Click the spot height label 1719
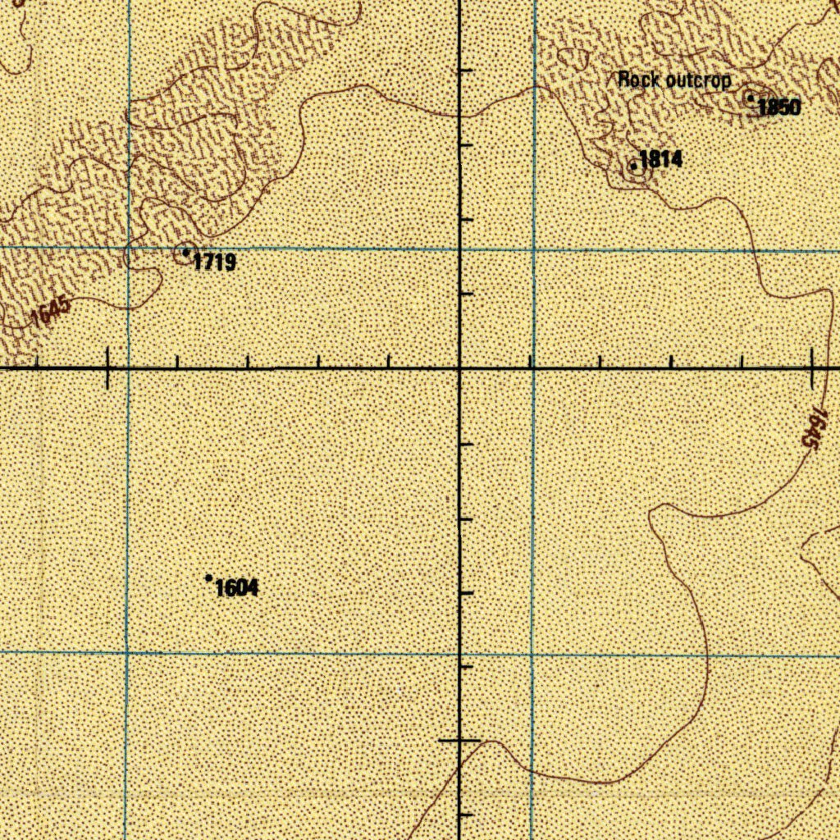pos(215,262)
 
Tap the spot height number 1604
pos(237,587)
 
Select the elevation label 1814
pos(660,159)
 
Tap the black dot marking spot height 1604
pos(208,578)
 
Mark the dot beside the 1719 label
pos(186,252)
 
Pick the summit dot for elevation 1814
pos(633,167)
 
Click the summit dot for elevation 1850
pos(750,98)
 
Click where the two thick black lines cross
pos(459,369)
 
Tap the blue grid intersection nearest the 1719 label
pos(128,247)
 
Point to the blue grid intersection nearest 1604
pos(126,653)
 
